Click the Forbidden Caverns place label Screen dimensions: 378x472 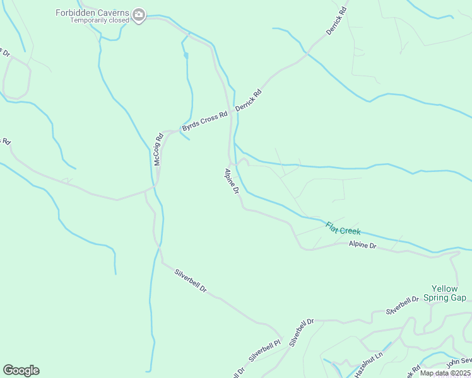point(92,13)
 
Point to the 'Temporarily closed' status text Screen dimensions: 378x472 point(100,20)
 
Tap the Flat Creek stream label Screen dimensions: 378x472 point(343,228)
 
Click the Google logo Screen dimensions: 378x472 point(21,370)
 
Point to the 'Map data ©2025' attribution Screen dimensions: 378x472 point(444,373)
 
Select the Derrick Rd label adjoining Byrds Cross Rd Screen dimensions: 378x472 point(248,101)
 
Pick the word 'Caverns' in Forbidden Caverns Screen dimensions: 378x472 point(112,13)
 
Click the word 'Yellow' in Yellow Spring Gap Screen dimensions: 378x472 point(444,289)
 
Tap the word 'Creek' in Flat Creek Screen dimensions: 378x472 point(350,230)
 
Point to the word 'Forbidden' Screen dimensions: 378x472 point(74,13)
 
